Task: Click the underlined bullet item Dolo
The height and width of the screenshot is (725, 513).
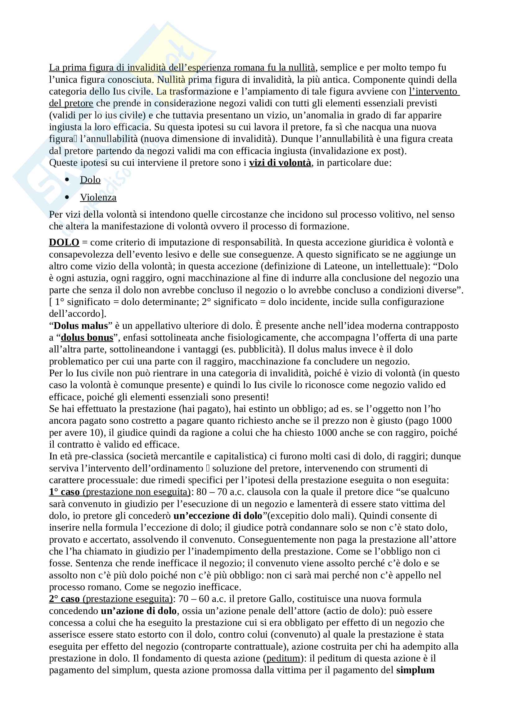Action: coord(90,180)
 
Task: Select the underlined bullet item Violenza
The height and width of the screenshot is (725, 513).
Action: coord(98,197)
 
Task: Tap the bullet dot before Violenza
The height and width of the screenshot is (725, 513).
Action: coord(67,197)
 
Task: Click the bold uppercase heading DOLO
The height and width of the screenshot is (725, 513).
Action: coord(64,242)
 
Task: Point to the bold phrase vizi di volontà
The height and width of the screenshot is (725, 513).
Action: coord(280,163)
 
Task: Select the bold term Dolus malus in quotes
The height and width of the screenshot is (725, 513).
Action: coord(81,325)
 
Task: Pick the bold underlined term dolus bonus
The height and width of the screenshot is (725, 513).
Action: coord(87,338)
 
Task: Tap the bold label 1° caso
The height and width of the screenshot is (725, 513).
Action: coord(64,492)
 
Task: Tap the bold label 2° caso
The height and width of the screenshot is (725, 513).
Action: coord(64,599)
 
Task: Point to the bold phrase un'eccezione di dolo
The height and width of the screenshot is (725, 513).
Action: coord(218,516)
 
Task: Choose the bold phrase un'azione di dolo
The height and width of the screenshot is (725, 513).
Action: coord(138,611)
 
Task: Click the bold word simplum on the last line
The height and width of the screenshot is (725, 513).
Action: coord(415,670)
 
